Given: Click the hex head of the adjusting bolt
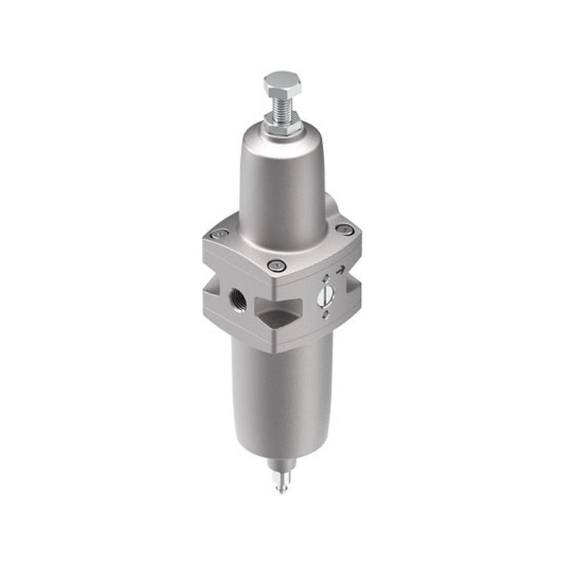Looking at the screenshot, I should (x=282, y=84).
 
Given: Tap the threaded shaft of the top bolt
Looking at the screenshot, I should (x=282, y=106).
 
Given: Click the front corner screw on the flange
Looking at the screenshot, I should (x=275, y=266).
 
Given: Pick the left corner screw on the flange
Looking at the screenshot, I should (x=220, y=234).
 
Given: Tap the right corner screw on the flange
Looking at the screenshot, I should (x=345, y=229).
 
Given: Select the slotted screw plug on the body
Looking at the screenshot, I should (x=325, y=296).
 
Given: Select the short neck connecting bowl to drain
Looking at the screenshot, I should (x=282, y=466).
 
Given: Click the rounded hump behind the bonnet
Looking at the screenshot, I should (x=331, y=208).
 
